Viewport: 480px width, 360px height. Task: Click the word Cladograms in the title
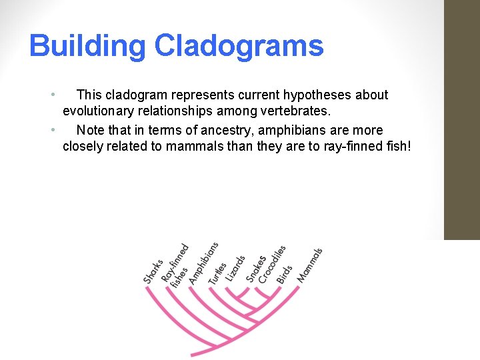[239, 47]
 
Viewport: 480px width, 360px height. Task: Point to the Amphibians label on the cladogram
[203, 263]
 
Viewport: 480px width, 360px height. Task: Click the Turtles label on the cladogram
[217, 272]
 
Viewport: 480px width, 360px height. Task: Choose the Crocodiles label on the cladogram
[272, 263]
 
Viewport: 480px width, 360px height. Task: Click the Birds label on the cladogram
[285, 274]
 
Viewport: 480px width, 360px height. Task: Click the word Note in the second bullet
[91, 131]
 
